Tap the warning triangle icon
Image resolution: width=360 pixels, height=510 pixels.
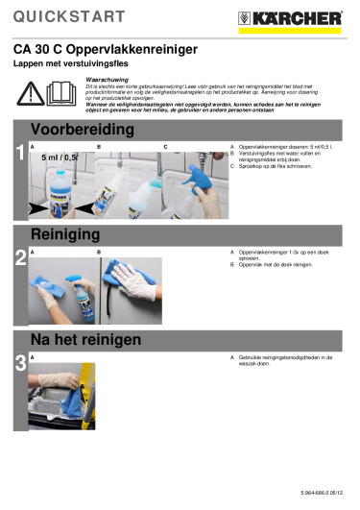coord(35,92)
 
